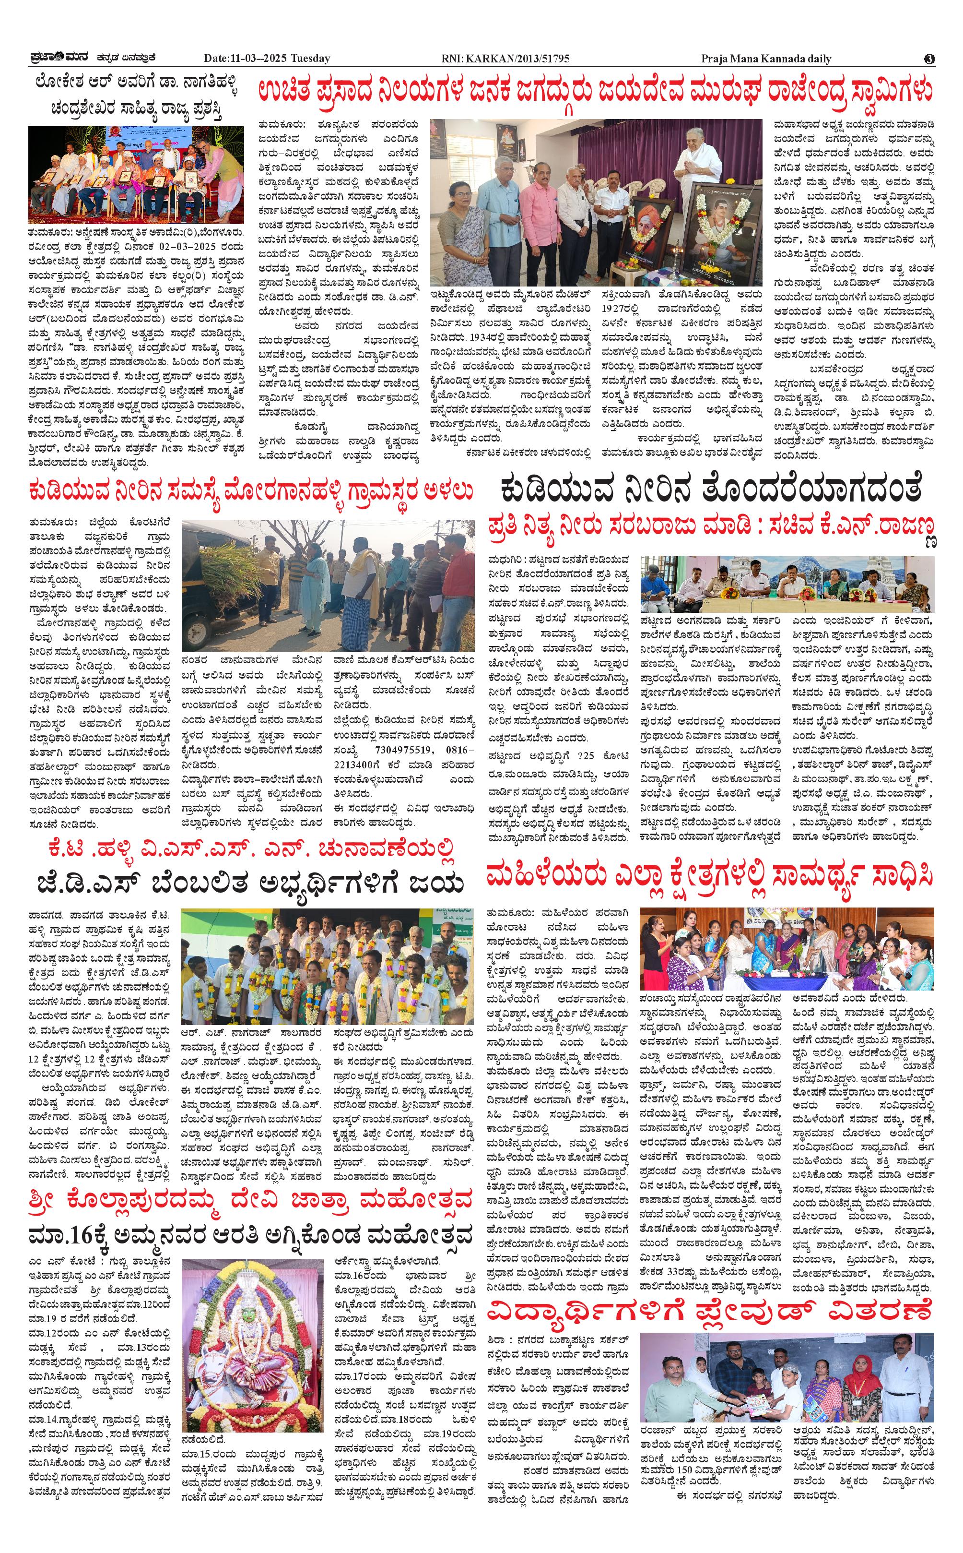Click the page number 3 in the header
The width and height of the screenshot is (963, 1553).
pos(929,59)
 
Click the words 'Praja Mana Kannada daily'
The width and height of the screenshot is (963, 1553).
pos(766,59)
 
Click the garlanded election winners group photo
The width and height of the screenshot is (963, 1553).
pos(327,966)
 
